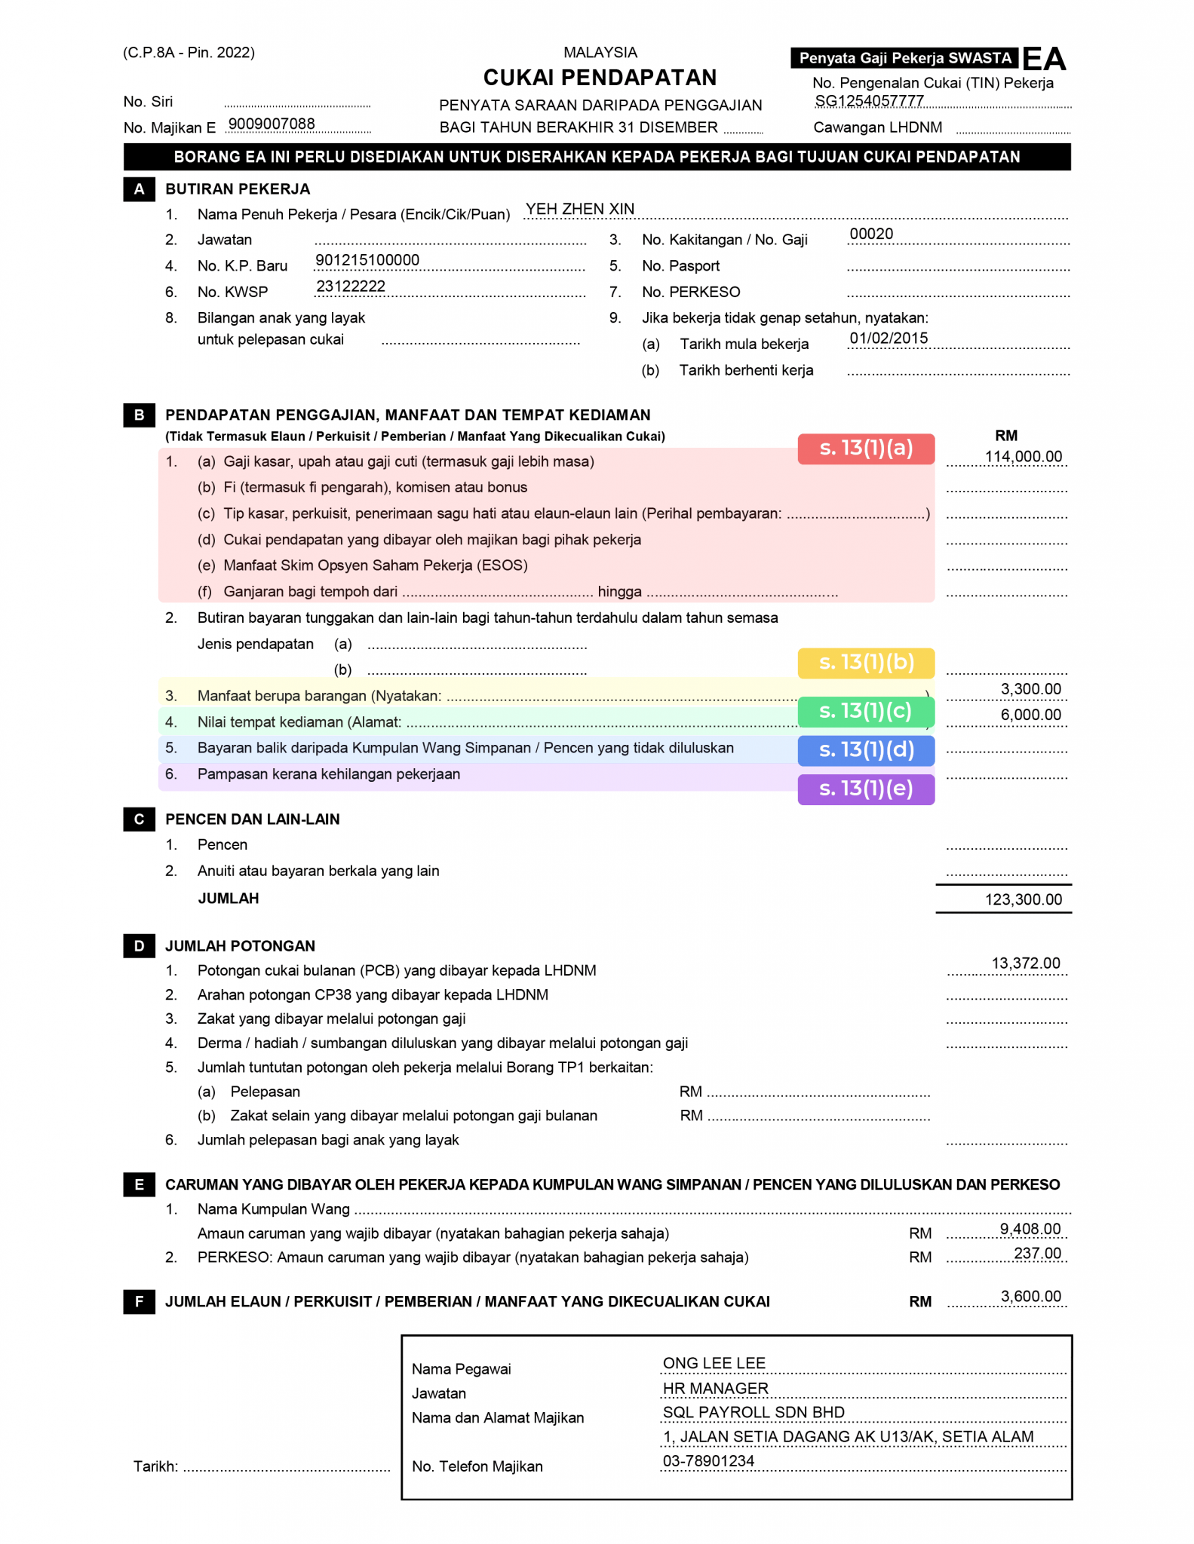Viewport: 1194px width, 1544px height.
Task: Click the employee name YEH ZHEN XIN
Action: tap(579, 209)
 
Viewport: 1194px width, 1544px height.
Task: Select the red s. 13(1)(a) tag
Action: tap(865, 449)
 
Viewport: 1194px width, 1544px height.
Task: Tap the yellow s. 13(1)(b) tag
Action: tap(865, 663)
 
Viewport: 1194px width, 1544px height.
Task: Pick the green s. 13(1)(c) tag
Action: tap(865, 711)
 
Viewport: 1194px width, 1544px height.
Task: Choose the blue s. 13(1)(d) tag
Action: tap(865, 750)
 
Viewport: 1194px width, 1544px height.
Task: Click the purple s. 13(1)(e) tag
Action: tap(865, 789)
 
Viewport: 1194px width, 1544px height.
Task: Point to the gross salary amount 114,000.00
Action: tap(1023, 456)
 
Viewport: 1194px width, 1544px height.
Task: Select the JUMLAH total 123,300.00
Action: tap(1023, 899)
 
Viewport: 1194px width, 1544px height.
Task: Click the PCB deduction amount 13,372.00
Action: tap(1025, 963)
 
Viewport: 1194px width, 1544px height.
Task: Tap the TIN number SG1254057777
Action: tap(869, 101)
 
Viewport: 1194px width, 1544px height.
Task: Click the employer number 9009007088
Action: tap(272, 124)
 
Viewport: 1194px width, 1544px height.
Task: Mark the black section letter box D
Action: tap(139, 945)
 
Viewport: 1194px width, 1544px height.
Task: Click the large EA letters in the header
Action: tap(1044, 59)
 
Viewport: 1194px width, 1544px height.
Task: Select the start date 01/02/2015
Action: tap(889, 338)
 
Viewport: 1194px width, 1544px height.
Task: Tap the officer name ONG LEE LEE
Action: tap(714, 1362)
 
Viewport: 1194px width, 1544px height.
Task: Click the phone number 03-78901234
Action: tap(708, 1460)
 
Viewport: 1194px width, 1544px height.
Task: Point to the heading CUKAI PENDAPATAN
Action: tap(600, 78)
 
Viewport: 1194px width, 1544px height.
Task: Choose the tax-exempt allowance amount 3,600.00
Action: tap(1030, 1296)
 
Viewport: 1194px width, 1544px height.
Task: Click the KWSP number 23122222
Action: tap(351, 286)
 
